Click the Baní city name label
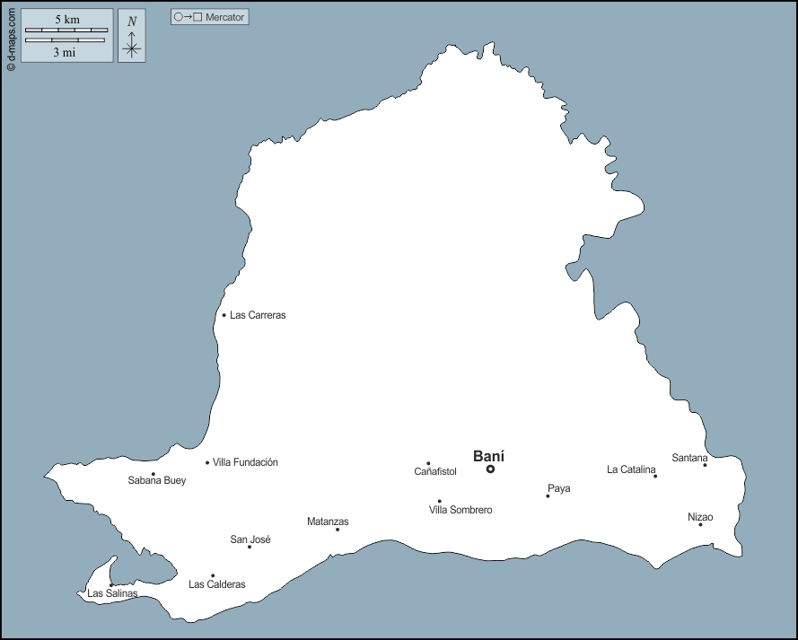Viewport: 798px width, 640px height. pos(488,455)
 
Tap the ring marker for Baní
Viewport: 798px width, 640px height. pos(490,469)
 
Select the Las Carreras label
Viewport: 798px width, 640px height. pos(258,315)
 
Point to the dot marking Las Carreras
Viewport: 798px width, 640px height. pos(224,315)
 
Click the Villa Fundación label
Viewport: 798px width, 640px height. pos(245,462)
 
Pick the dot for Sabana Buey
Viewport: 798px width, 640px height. pos(153,474)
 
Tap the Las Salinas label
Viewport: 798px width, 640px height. pos(112,593)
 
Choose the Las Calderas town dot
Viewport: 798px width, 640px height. pos(213,575)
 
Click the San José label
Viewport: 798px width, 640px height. pos(250,539)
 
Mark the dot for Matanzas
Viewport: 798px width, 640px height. pos(338,530)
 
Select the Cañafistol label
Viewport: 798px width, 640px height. pos(435,471)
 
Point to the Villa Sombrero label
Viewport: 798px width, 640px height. pos(460,510)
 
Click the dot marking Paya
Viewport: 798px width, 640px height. pos(548,495)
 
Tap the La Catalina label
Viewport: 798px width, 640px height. pos(631,469)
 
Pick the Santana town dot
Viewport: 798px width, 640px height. pos(705,465)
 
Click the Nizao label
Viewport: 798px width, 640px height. pos(700,517)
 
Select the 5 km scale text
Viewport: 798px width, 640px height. pos(66,19)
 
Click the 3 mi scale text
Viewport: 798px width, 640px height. pos(64,52)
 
